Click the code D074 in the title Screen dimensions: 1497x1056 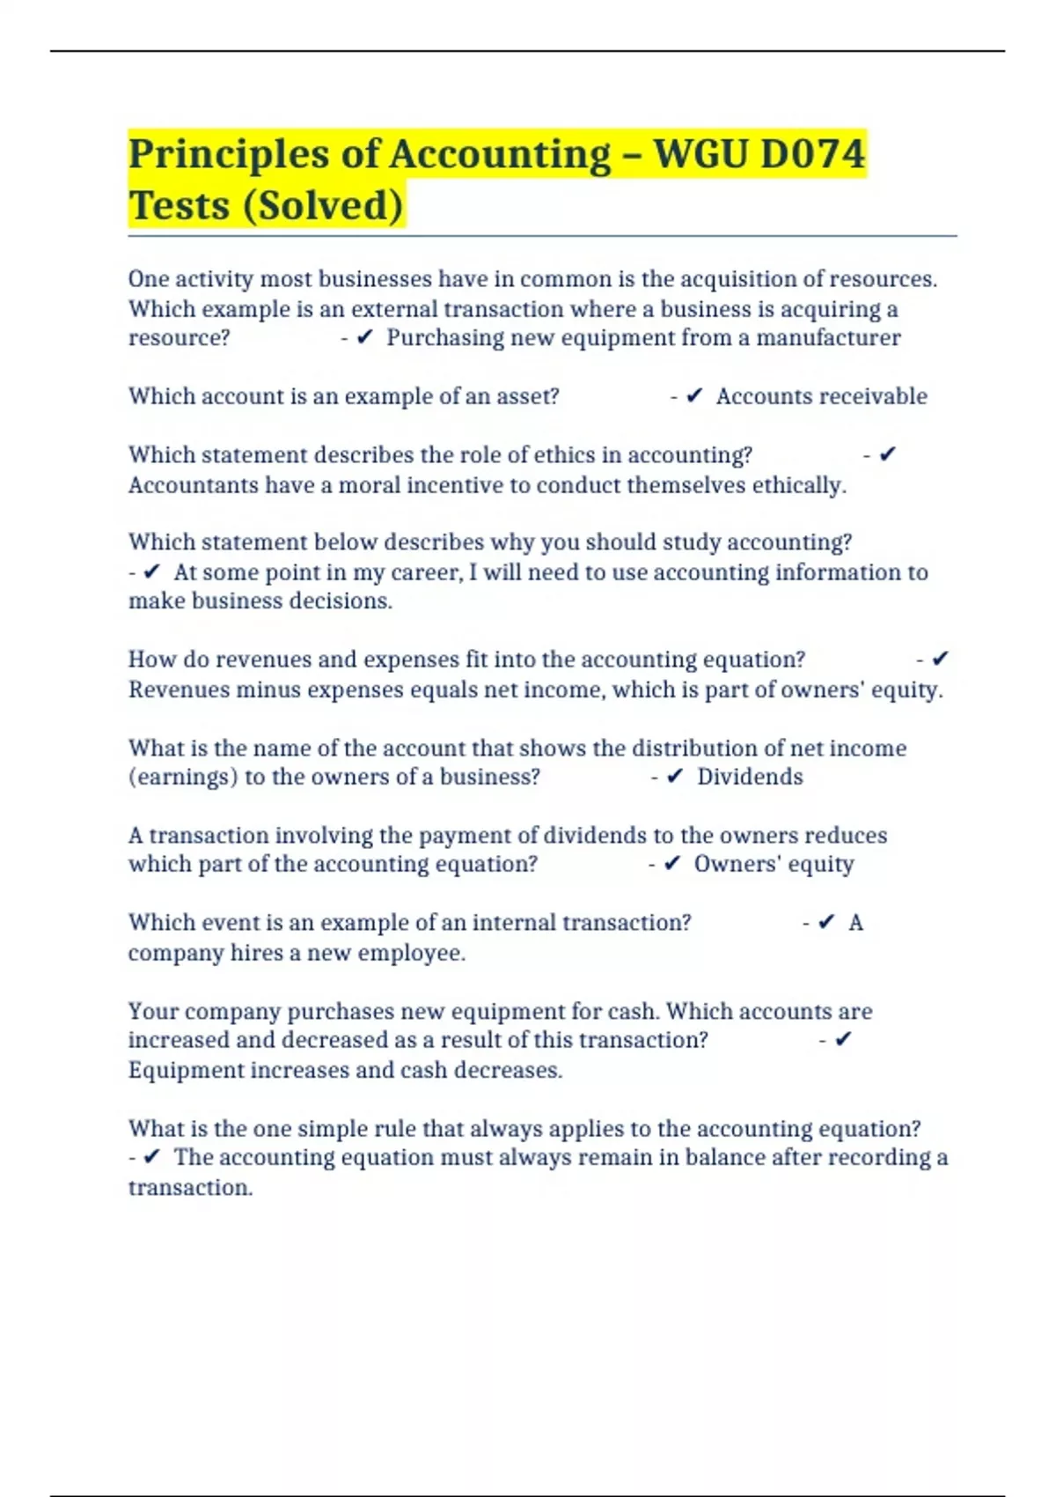click(812, 154)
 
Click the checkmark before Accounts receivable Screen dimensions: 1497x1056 click(694, 396)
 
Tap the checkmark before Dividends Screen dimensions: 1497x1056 click(675, 777)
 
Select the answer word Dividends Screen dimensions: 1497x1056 click(750, 777)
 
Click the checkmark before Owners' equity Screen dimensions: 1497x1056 click(672, 864)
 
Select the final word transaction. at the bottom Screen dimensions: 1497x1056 click(190, 1188)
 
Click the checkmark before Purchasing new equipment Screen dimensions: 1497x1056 click(365, 338)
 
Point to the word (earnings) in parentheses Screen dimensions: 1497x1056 click(182, 777)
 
